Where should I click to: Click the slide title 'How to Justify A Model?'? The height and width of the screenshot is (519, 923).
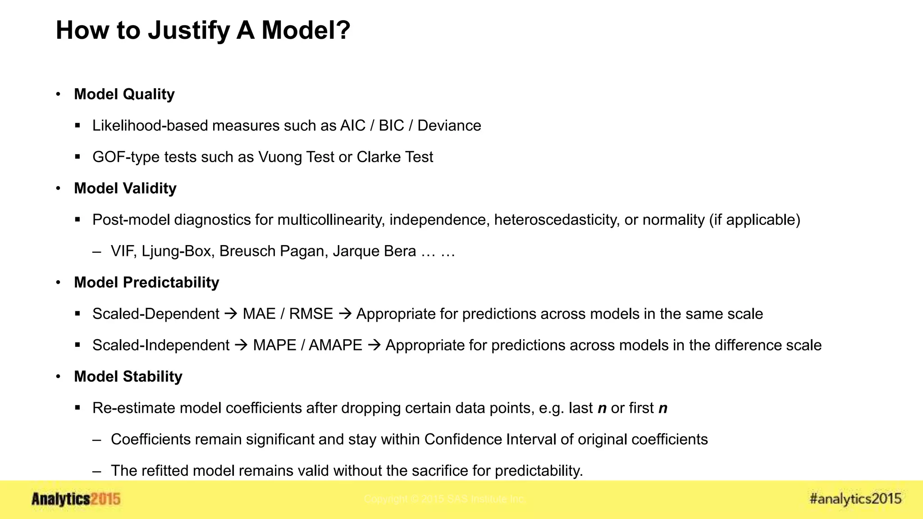coord(203,30)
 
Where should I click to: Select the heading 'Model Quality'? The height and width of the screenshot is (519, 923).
coord(124,94)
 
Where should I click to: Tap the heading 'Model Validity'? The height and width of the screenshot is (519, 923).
coord(125,188)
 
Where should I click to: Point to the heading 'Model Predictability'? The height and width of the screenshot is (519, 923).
coord(146,282)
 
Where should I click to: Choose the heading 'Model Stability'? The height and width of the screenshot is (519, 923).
coord(128,377)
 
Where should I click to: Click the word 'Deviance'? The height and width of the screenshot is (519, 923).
coord(449,126)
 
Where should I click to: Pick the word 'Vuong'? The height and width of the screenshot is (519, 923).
coord(280,157)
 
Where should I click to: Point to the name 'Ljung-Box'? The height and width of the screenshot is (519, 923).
coord(176,251)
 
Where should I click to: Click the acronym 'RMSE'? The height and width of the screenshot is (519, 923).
coord(311,314)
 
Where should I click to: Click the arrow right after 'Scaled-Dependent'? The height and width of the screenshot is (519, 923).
coord(231,314)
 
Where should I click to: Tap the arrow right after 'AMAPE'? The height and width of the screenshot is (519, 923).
coord(374,345)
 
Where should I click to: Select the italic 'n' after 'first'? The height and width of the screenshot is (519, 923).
coord(663,408)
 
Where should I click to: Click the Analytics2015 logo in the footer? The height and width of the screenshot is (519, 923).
coord(76,499)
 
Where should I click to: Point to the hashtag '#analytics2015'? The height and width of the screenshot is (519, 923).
coord(855,499)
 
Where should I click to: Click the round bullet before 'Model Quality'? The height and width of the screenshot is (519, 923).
coord(58,94)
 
